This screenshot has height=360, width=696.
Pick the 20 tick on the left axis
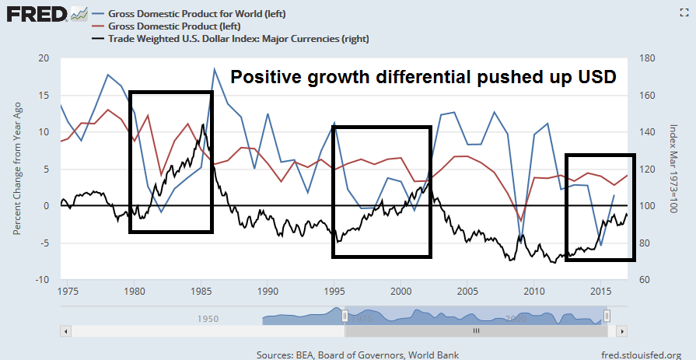coord(44,58)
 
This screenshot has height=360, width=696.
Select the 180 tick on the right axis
coord(649,58)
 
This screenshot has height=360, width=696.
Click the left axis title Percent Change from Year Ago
coord(17,170)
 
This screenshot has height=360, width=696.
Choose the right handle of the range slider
coord(607,315)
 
